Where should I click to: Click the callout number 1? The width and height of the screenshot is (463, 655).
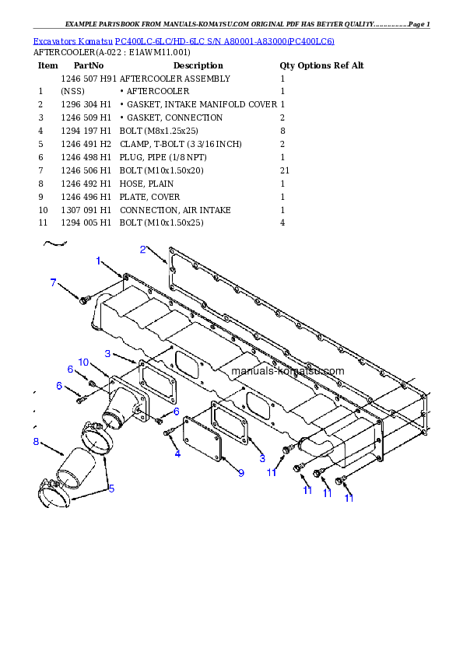coord(99,261)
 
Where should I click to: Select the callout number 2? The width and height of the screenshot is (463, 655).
coord(143,250)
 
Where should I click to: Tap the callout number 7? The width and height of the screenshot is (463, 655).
coord(53,282)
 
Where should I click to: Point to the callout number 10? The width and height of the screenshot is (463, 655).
coord(83,362)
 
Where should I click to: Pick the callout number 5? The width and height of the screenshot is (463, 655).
coord(111,489)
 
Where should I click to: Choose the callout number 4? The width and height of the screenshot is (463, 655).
coord(177,453)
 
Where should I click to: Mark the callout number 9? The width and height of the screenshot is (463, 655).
coord(241,472)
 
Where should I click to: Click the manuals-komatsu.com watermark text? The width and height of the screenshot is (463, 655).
coord(287,371)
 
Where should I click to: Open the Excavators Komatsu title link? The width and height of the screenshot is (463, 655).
coord(184,41)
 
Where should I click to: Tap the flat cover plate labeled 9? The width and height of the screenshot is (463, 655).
coord(202,438)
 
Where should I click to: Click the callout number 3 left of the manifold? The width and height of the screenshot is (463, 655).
coord(108,354)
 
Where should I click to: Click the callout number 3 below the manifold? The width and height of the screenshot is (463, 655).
coord(262,458)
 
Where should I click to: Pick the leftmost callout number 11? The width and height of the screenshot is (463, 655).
coord(272,471)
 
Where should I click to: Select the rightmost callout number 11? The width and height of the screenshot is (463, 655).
coord(349,497)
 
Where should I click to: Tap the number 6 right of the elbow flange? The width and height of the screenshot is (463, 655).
coord(177,411)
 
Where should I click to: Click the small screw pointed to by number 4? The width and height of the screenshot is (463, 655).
coord(168,432)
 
